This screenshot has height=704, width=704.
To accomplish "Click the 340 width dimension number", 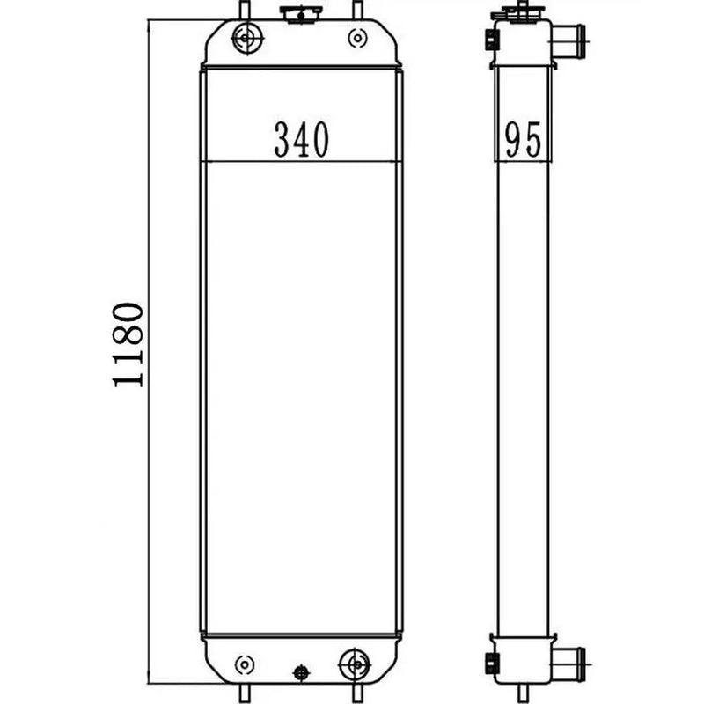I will (301, 140).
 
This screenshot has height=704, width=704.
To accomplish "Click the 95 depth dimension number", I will (522, 140).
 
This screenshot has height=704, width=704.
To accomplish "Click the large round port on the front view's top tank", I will (245, 37).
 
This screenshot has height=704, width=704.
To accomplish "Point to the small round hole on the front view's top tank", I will (356, 37).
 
